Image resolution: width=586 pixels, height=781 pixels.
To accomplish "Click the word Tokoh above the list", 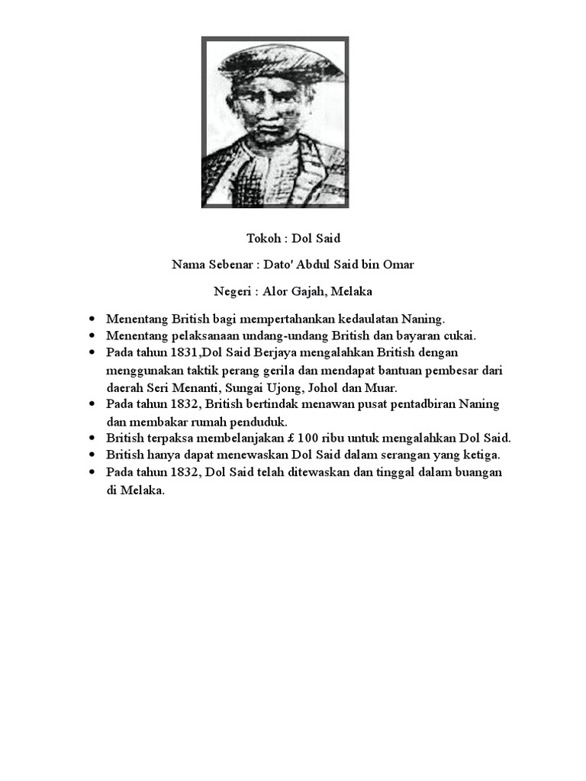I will tap(263, 239).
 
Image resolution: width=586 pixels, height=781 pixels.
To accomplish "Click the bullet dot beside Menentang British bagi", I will tap(92, 318).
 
